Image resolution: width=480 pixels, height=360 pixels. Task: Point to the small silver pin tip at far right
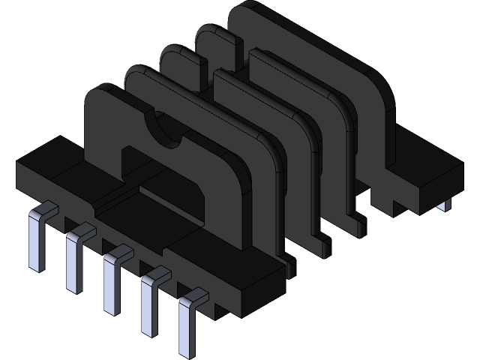[x=446, y=204]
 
